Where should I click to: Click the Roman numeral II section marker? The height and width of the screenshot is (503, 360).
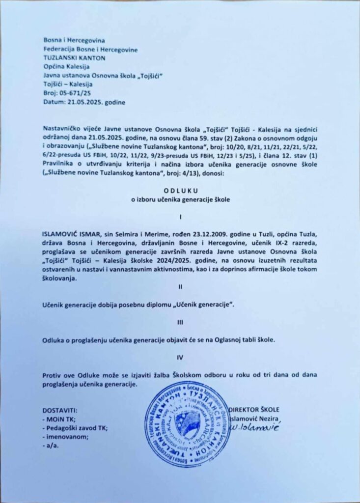[180, 287]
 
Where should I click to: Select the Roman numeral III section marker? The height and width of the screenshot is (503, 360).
[180, 322]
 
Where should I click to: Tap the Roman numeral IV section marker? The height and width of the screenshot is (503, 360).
[180, 357]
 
